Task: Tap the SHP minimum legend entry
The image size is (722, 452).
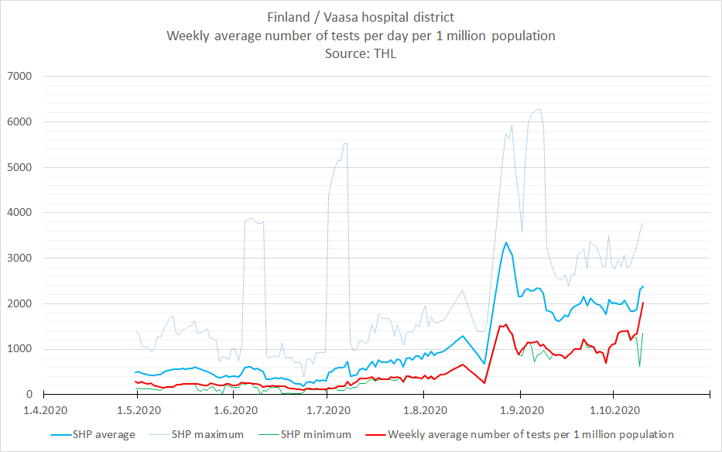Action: pyautogui.click(x=317, y=435)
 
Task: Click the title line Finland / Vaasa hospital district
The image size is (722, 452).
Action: pyautogui.click(x=361, y=16)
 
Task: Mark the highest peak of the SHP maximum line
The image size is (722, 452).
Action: pyautogui.click(x=539, y=108)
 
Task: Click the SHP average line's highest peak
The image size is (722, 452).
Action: pyautogui.click(x=506, y=242)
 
